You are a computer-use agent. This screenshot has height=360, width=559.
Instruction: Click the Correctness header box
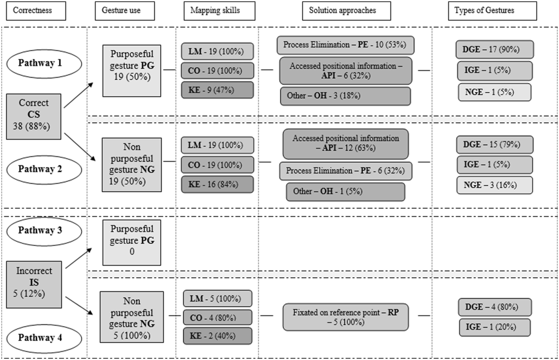click(x=35, y=11)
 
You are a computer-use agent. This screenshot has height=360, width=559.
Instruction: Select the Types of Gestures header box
click(x=492, y=11)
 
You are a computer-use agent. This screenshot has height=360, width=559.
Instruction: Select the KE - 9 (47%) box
click(x=217, y=90)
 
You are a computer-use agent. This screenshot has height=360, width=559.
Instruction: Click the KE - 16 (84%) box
click(x=217, y=185)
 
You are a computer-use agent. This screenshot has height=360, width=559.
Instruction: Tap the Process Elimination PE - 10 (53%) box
click(x=345, y=45)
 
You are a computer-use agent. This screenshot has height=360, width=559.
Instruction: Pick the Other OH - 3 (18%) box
click(x=345, y=96)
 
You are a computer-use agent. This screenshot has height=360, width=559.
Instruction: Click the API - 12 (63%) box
click(x=346, y=143)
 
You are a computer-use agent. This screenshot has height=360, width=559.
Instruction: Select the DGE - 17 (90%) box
click(x=495, y=50)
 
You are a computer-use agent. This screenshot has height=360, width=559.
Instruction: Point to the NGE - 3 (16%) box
click(x=495, y=185)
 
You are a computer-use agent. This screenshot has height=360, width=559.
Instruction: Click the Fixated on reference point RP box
click(x=346, y=317)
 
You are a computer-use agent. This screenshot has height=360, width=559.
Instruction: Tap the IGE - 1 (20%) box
click(x=495, y=327)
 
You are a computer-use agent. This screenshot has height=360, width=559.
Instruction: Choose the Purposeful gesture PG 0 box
click(x=132, y=242)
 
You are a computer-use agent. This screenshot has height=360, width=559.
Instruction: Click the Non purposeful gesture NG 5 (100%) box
click(x=132, y=317)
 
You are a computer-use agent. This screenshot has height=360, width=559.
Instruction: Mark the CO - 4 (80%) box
click(x=217, y=318)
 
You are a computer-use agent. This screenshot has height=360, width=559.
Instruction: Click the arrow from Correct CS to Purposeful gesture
click(x=79, y=95)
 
